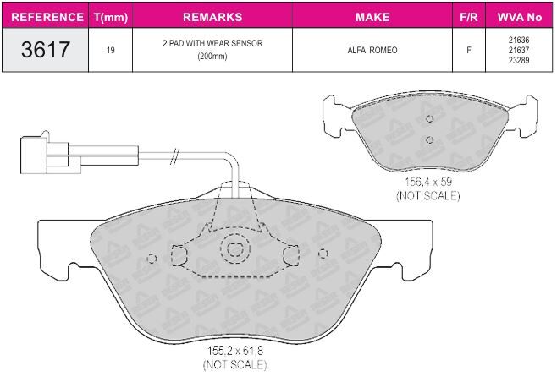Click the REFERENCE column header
click(x=47, y=17)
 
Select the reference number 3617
click(x=46, y=49)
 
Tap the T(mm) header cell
click(x=111, y=17)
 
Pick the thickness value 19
click(x=111, y=50)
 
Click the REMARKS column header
click(x=212, y=17)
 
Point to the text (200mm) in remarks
click(x=212, y=56)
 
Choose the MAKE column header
click(x=372, y=17)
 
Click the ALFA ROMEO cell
click(x=372, y=50)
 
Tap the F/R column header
click(x=469, y=17)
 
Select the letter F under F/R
click(x=469, y=50)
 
